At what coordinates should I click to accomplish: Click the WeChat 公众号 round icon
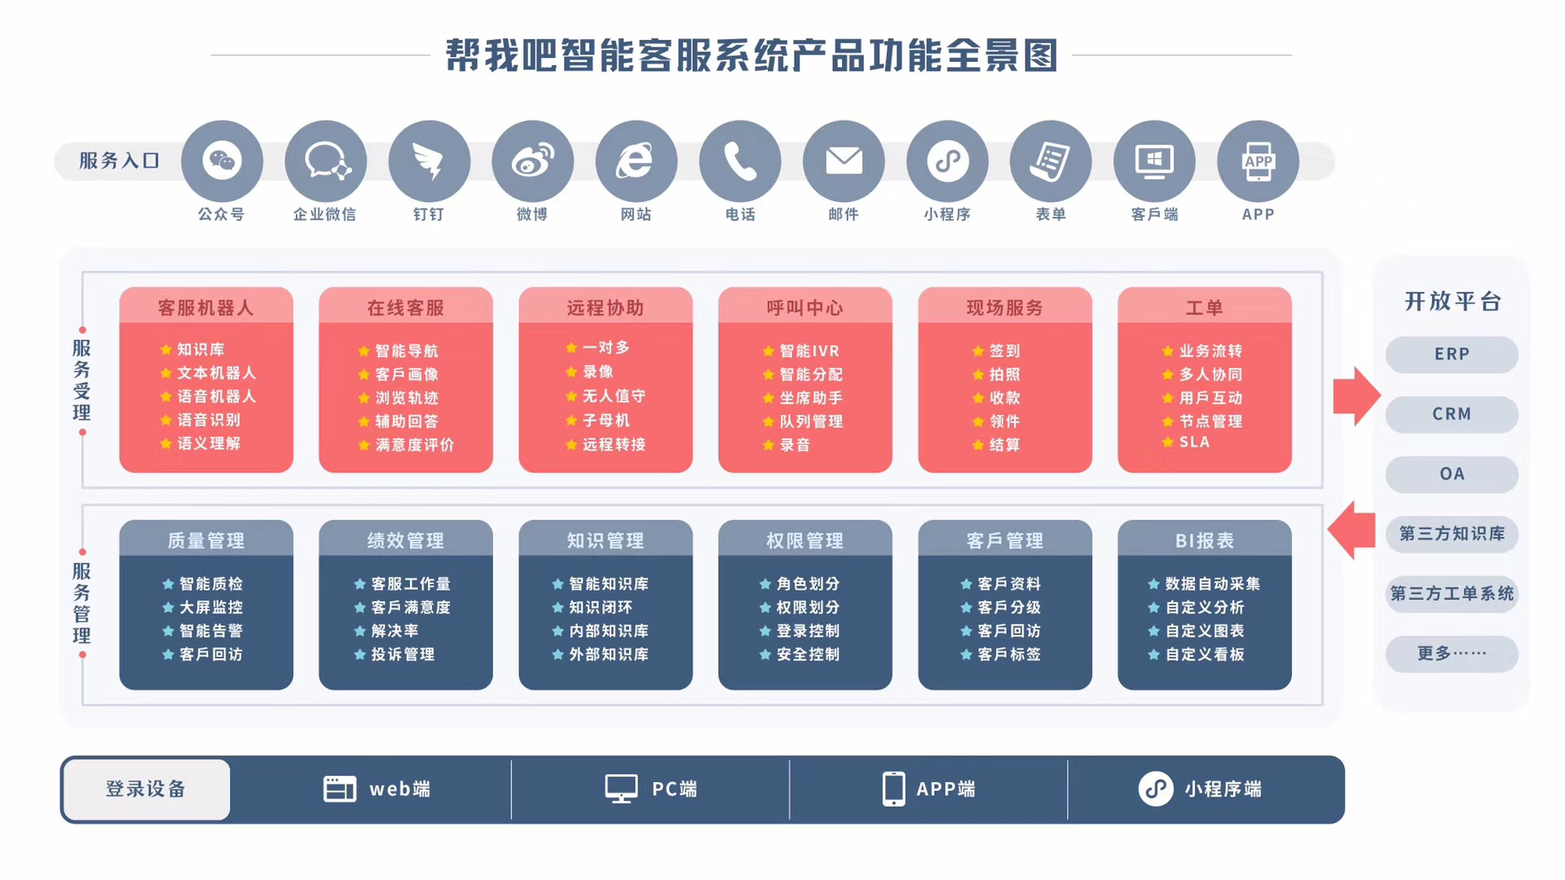tap(222, 161)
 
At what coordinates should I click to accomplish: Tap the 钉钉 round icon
tap(429, 161)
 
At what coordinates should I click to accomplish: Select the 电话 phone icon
tap(740, 161)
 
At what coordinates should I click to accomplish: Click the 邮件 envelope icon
tap(844, 161)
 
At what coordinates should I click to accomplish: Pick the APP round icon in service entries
tap(1258, 161)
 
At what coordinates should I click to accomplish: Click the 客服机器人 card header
tap(206, 306)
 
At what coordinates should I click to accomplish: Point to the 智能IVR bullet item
tap(801, 351)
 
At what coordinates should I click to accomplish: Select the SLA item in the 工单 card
tap(1186, 442)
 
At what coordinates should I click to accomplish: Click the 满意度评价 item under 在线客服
tap(406, 445)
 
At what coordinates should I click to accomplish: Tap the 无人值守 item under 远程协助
tap(606, 396)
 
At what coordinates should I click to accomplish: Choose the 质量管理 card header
tap(206, 539)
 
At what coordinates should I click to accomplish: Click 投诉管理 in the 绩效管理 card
tap(395, 654)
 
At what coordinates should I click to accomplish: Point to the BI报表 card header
tap(1205, 539)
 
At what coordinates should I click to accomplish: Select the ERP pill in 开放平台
tap(1452, 354)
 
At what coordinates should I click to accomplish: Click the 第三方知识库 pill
tap(1452, 534)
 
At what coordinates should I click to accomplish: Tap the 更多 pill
tap(1452, 653)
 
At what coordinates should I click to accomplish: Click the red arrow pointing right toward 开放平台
tap(1356, 396)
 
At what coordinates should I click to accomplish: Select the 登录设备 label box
tap(147, 789)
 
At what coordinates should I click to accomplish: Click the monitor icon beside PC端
tap(621, 789)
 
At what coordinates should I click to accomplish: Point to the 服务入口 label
tap(119, 161)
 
